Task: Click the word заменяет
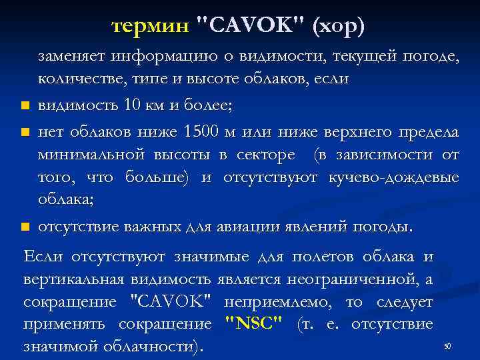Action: point(72,56)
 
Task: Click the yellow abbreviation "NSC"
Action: point(254,325)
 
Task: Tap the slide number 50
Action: point(447,346)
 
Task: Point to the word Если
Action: point(41,257)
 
